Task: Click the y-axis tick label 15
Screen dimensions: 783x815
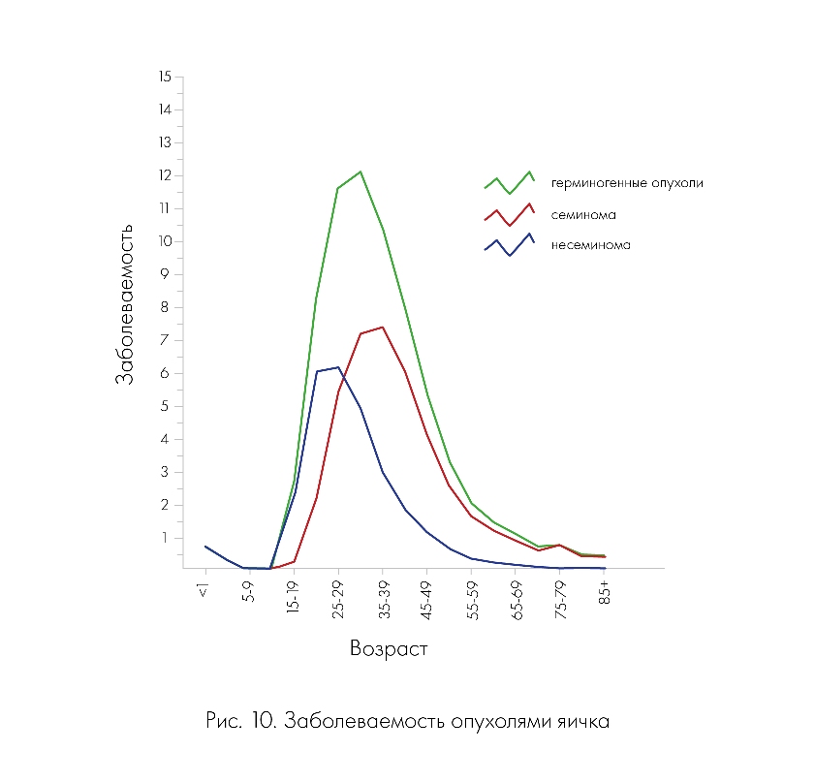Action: (x=165, y=77)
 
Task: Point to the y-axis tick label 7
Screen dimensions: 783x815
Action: (x=167, y=340)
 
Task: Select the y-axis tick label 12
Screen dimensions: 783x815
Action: (x=165, y=175)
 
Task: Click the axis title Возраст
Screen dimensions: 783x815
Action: (x=389, y=649)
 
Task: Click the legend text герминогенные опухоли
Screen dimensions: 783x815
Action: (x=627, y=182)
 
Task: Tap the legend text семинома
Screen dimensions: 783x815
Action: (x=584, y=214)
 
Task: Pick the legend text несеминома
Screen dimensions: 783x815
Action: (x=591, y=245)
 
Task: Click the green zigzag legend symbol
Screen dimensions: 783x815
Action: (x=510, y=182)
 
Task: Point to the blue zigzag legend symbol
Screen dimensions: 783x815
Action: (x=510, y=245)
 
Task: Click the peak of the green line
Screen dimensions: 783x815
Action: (x=360, y=172)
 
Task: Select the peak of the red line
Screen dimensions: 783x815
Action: (x=383, y=327)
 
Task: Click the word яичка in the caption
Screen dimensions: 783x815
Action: (x=583, y=722)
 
